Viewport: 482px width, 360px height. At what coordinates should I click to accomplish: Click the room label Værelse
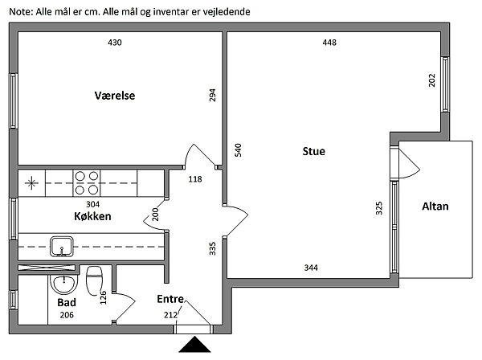click(113, 96)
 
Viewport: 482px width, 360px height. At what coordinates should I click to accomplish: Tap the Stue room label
click(313, 150)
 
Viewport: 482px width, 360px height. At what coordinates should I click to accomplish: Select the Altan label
click(435, 207)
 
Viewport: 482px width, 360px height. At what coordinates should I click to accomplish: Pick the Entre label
click(170, 300)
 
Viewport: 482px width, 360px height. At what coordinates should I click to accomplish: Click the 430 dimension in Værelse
click(114, 43)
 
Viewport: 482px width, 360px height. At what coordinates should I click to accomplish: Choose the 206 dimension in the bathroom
click(67, 316)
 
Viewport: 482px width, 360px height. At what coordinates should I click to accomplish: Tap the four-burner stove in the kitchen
click(86, 182)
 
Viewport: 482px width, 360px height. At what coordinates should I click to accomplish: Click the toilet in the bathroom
click(94, 280)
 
